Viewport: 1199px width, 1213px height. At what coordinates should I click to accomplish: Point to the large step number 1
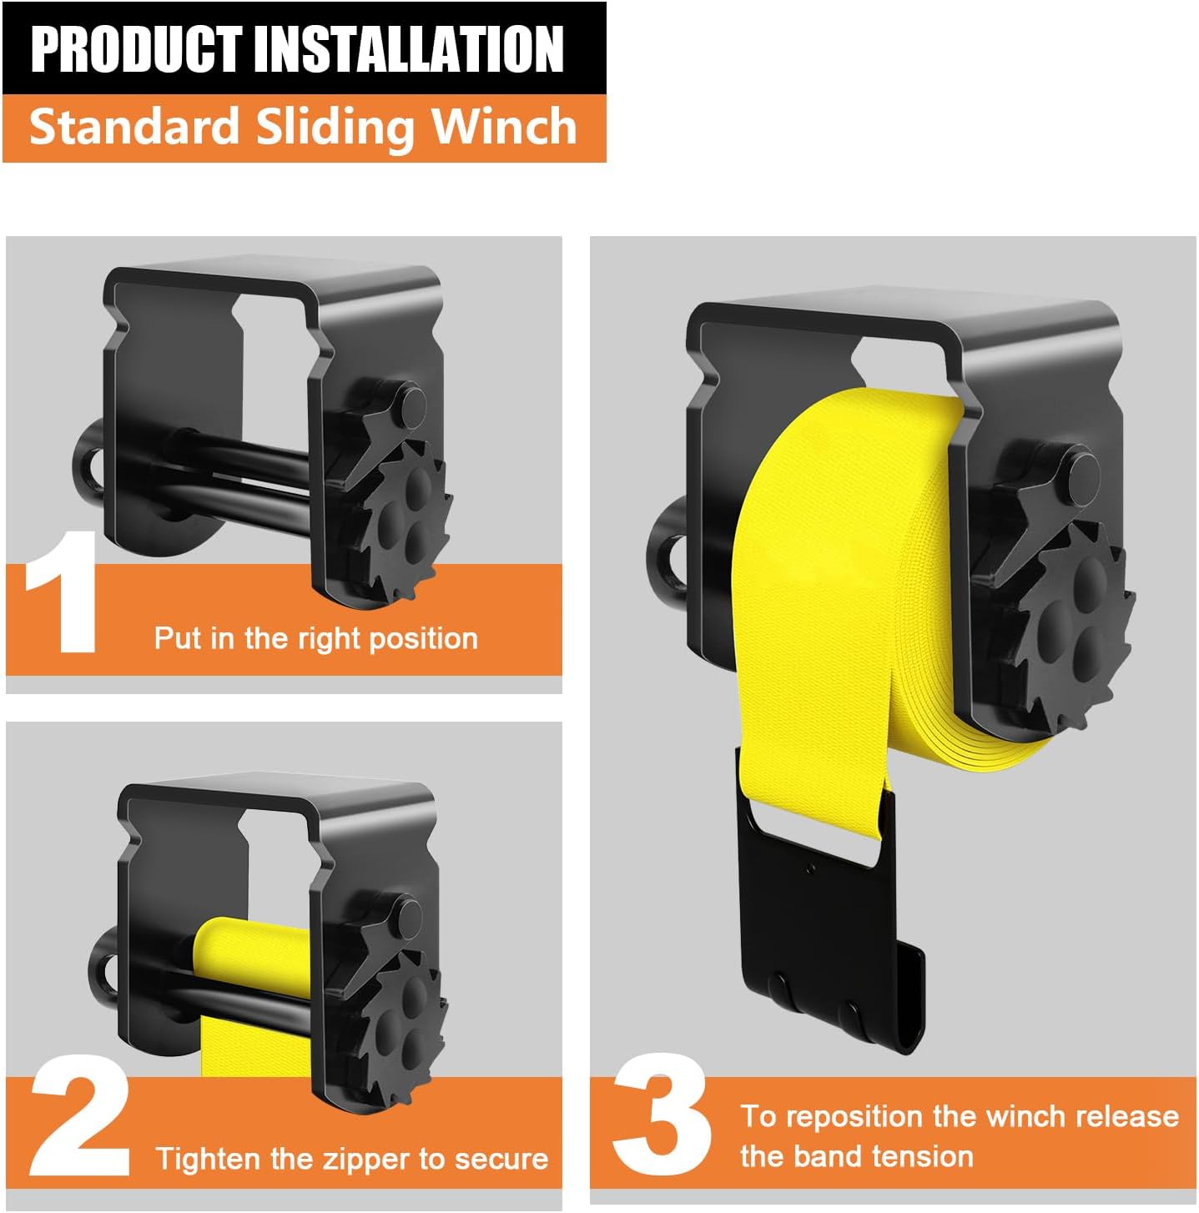click(x=62, y=591)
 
